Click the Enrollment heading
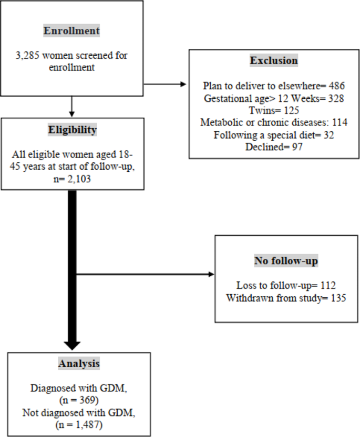point(71,30)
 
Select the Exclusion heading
point(273,60)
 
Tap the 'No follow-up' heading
point(286,262)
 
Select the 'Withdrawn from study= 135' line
point(286,298)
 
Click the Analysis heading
point(71,363)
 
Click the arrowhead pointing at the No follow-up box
point(211,274)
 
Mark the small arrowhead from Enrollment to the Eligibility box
point(71,114)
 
